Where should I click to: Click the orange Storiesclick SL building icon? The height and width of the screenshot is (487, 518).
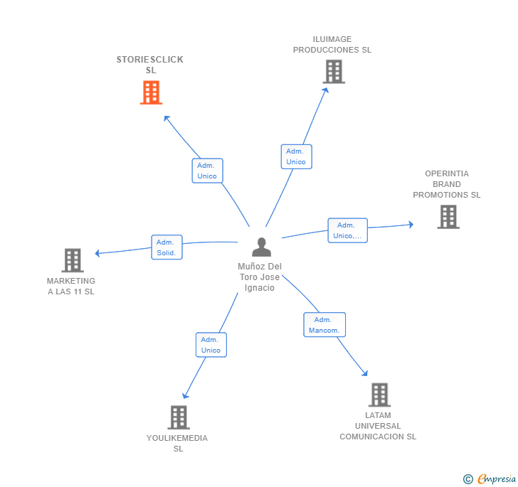[x=151, y=92]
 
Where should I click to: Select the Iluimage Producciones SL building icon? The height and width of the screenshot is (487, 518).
[x=334, y=72]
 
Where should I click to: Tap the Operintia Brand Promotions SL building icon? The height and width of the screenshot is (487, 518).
[x=448, y=217]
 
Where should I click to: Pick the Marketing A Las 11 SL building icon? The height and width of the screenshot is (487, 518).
[x=73, y=260]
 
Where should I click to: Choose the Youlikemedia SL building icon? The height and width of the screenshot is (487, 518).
[x=179, y=417]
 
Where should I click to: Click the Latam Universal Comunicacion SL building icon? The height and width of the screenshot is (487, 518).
[x=379, y=395]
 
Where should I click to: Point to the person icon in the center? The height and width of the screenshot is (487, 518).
[x=262, y=247]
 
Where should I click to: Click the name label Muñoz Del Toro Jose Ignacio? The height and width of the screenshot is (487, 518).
[x=260, y=277]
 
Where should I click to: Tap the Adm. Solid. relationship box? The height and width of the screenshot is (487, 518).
[x=166, y=247]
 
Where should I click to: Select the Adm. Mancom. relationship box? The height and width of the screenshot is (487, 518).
[x=324, y=325]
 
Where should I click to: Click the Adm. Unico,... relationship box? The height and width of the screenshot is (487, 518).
[x=347, y=230]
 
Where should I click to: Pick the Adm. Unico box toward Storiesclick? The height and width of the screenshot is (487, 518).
[x=207, y=171]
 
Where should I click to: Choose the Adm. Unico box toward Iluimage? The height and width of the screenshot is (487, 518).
[x=296, y=156]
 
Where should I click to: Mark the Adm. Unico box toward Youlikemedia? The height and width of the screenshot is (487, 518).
[x=211, y=345]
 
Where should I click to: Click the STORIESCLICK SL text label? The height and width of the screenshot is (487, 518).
[x=150, y=65]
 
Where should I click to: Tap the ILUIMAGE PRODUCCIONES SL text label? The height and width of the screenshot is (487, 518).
[x=332, y=45]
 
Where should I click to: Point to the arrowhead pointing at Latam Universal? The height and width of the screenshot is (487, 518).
[x=365, y=373]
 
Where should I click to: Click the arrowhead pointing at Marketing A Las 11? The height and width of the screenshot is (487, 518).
[x=98, y=252]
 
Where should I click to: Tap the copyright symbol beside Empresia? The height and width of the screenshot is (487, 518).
[x=467, y=480]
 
